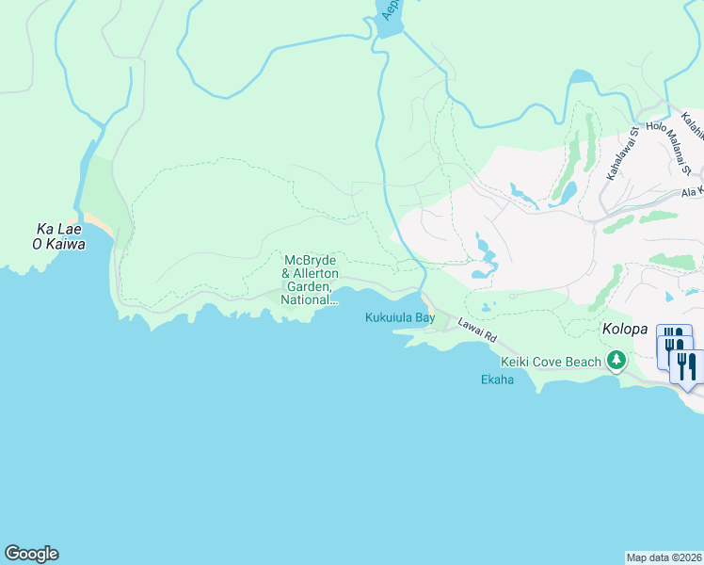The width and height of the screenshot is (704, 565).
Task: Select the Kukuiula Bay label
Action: click(399, 318)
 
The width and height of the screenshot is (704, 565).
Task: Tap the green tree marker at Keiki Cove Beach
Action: click(616, 360)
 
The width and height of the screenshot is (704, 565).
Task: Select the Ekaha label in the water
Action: click(497, 380)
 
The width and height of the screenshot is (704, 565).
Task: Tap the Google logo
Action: click(31, 554)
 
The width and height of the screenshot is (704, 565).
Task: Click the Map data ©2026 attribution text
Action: click(664, 557)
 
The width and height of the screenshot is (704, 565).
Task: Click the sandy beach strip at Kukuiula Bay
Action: click(427, 305)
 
